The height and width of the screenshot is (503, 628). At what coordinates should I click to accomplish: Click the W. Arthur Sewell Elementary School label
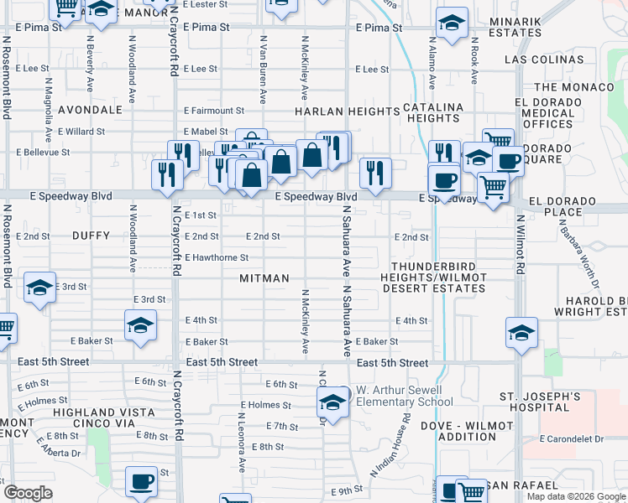[404, 396]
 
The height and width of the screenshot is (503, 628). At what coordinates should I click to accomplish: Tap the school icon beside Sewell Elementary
[333, 403]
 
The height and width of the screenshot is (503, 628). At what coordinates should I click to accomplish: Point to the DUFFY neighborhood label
[92, 236]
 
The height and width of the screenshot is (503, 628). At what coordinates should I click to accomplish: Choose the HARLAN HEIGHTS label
[347, 111]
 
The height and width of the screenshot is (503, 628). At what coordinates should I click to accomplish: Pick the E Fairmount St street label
[214, 110]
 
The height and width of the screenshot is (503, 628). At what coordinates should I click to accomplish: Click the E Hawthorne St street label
[216, 257]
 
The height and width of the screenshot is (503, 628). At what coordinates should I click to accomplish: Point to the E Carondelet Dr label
[573, 438]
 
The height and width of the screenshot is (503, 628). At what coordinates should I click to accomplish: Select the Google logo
[28, 493]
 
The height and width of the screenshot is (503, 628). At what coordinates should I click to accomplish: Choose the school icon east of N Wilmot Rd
[521, 334]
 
